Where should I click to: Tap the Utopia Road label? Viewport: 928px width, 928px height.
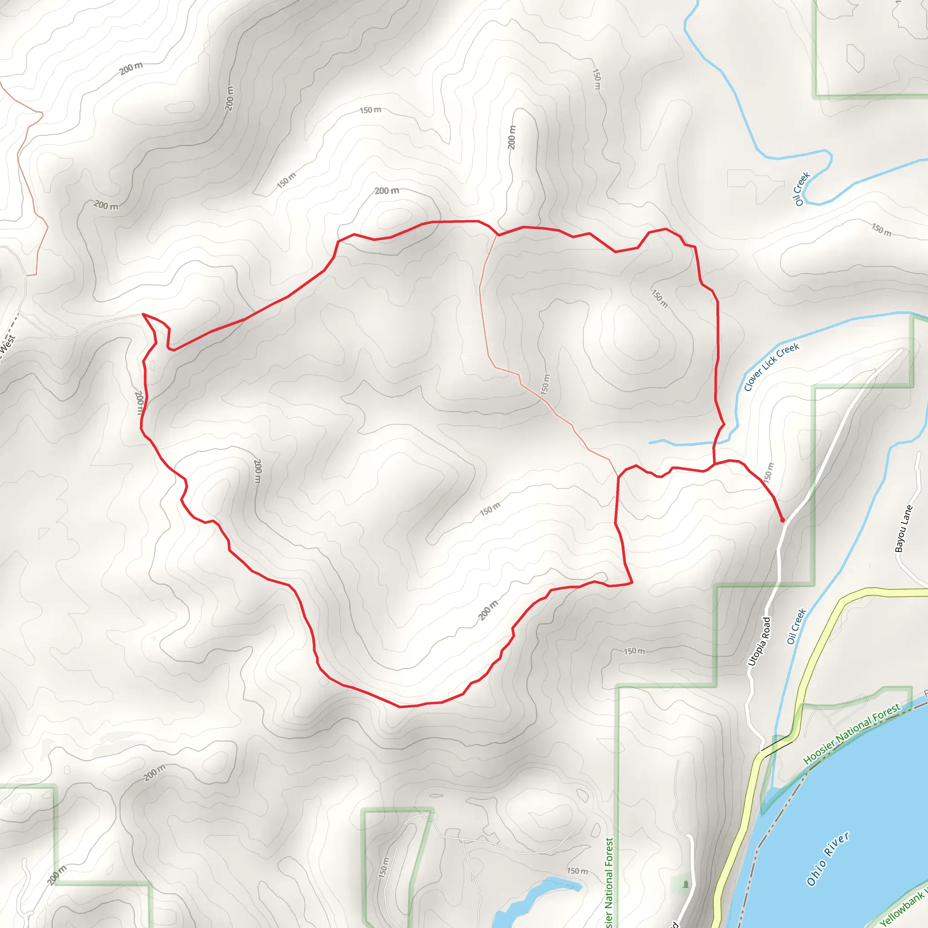point(759,642)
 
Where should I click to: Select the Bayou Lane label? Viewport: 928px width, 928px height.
point(903,528)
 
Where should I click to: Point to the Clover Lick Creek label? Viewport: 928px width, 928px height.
point(771,367)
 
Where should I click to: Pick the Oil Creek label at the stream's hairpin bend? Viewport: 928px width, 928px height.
point(802,189)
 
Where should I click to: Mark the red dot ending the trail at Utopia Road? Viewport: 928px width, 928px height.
point(783,520)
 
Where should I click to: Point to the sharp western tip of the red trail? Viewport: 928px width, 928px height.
point(143,314)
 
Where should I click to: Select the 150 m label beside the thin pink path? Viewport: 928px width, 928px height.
point(545,385)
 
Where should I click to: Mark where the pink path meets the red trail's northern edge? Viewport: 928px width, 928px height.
point(498,235)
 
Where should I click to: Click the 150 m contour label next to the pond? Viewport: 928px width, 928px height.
point(577,871)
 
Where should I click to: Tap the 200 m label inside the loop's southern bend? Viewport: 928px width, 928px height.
point(488,610)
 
